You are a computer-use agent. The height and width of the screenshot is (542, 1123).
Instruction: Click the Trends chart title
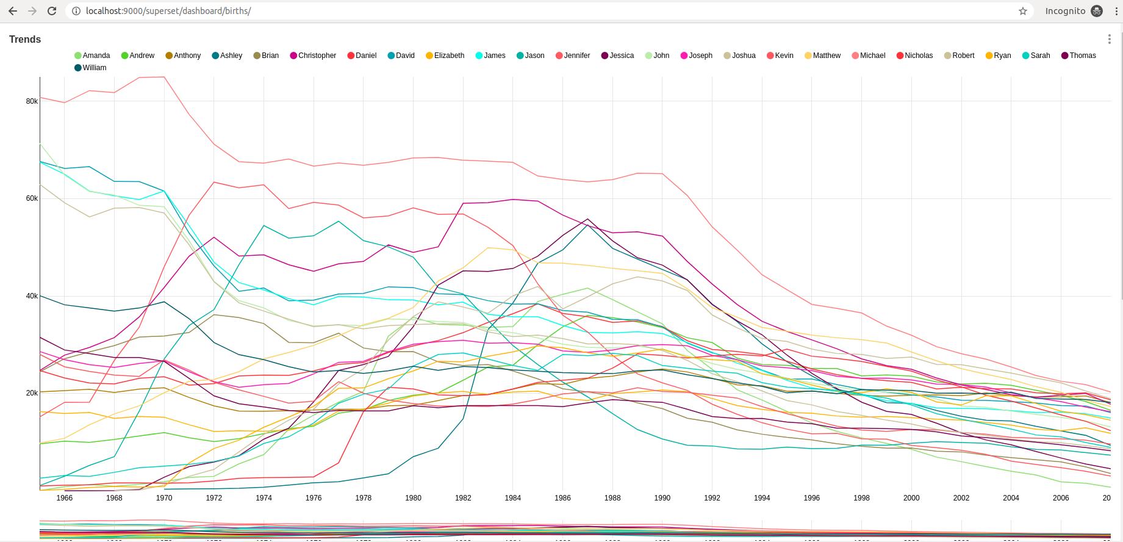click(25, 39)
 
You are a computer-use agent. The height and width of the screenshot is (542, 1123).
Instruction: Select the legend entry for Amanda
click(92, 56)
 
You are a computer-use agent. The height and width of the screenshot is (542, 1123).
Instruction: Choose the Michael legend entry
click(869, 56)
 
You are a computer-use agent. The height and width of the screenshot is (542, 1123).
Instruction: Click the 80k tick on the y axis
click(32, 101)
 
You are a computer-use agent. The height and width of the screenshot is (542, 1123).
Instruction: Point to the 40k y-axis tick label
click(32, 296)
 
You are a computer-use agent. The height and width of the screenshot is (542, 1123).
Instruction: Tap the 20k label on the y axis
click(32, 393)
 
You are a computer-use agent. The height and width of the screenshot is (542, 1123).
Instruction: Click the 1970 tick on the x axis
click(164, 498)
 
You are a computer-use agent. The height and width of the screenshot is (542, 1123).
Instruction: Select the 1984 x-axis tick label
click(513, 498)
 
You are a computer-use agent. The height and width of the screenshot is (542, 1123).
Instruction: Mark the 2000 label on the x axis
click(911, 498)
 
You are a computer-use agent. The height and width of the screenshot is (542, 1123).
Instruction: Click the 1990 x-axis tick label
click(662, 498)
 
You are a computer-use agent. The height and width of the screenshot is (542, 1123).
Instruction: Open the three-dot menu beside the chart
click(1109, 39)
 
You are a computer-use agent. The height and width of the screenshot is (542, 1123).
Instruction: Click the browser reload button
click(52, 11)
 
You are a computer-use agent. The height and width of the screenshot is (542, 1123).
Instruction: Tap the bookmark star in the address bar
click(1023, 11)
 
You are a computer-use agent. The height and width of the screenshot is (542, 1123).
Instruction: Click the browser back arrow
click(13, 11)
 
